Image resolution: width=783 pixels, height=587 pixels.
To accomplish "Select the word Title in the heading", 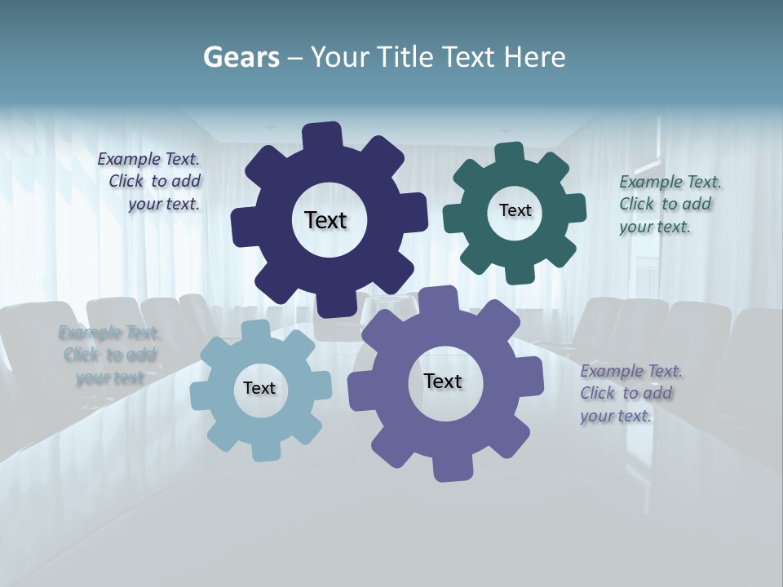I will coord(409,57).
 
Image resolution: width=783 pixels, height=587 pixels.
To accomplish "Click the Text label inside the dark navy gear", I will coord(325,220).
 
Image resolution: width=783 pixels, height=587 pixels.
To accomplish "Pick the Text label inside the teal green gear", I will coord(515,210).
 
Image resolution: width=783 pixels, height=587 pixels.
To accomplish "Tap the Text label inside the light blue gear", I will coord(259,388).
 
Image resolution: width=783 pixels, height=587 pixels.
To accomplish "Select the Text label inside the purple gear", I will coord(443,381).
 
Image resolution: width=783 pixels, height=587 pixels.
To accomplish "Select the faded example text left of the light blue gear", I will coord(108,355).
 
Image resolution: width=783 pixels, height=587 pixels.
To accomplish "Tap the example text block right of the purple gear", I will coord(630,394).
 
